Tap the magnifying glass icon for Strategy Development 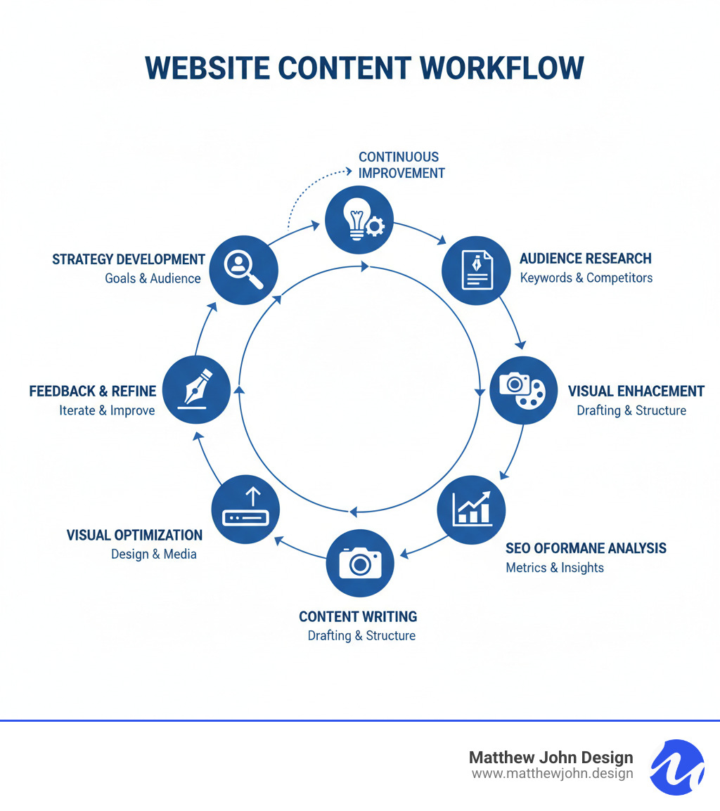tap(244, 269)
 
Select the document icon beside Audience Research tap(476, 270)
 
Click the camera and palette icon tap(522, 390)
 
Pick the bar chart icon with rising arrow tap(470, 510)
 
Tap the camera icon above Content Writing tap(360, 563)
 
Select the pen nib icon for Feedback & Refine tap(195, 390)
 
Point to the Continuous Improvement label tap(401, 164)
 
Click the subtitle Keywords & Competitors tap(586, 278)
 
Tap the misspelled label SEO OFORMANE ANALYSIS tap(586, 548)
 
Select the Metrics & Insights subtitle tap(555, 567)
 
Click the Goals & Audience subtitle tap(153, 278)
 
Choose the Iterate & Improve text tap(107, 410)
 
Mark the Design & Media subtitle tap(153, 554)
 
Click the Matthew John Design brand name tap(551, 758)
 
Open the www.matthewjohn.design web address tap(552, 774)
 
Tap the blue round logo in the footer tap(677, 767)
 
